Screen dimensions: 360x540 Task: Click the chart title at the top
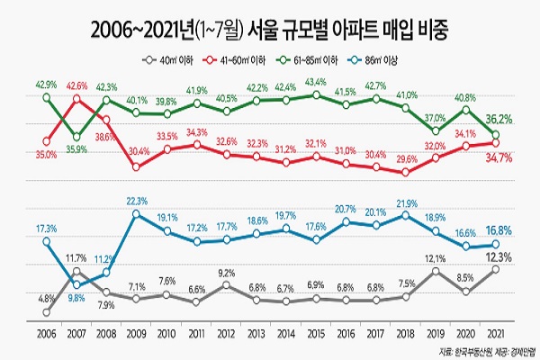coord(269,31)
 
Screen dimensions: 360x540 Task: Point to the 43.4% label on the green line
coord(315,82)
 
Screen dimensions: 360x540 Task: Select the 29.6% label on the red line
coord(405,159)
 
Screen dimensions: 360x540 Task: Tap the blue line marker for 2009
coord(136,214)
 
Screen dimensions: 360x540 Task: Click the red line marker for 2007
coord(76,99)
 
